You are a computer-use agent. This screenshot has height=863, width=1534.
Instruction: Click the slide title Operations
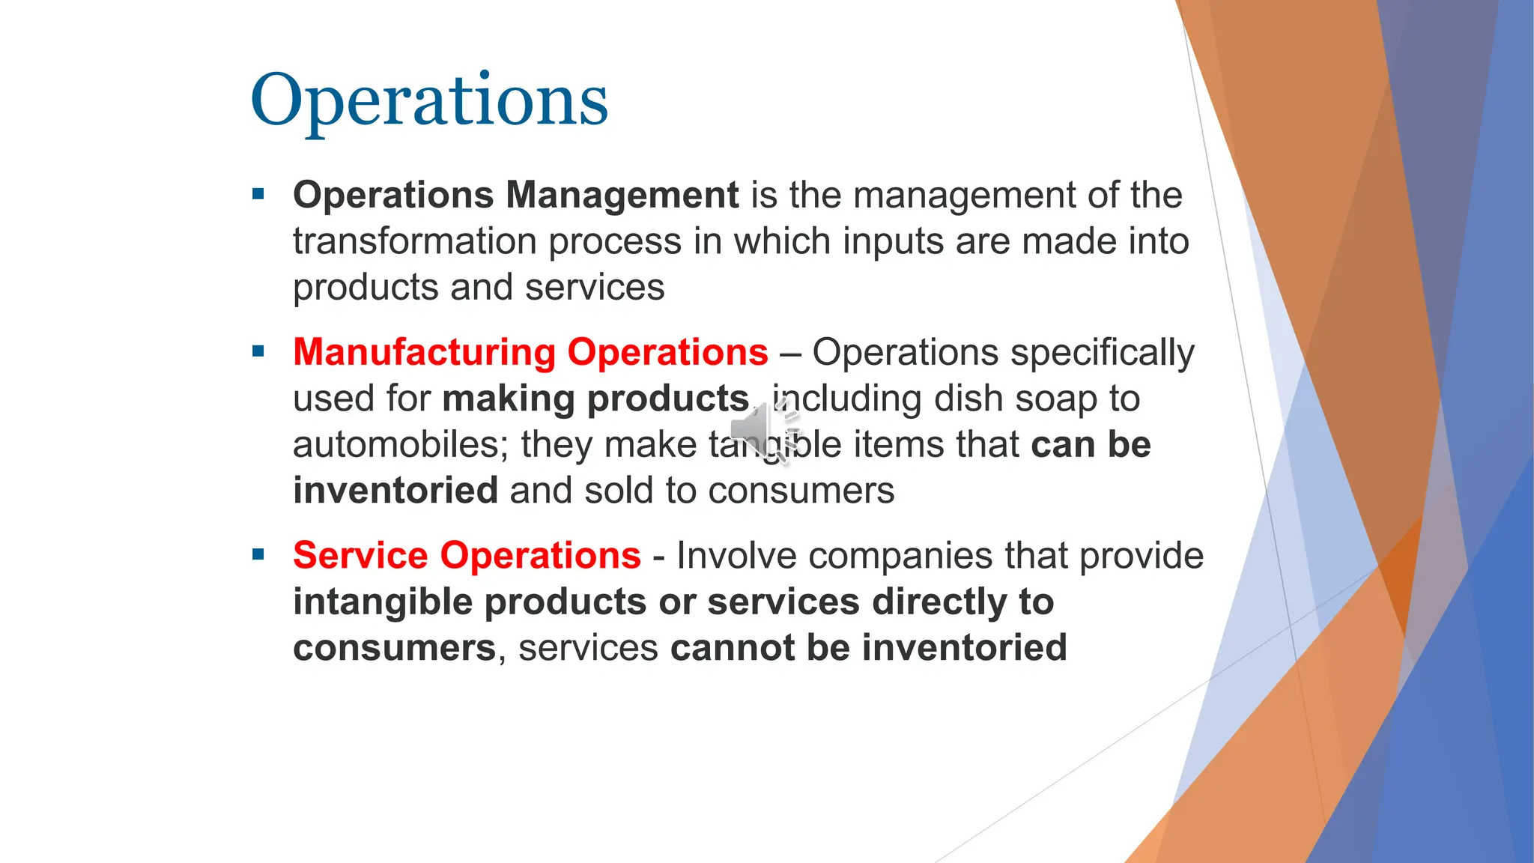428,101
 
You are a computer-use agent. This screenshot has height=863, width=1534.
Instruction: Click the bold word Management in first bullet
622,196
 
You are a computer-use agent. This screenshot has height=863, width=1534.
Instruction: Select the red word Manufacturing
425,352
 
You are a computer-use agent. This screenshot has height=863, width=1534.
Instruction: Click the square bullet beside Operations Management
259,195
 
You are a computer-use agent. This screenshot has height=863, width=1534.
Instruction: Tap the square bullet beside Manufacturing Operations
259,351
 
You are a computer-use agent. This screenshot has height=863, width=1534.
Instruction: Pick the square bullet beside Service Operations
259,555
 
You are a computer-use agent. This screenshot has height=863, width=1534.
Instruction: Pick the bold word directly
940,602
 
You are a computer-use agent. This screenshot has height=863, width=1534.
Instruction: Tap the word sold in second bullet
619,491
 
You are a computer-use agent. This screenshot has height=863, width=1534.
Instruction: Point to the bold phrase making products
595,399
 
